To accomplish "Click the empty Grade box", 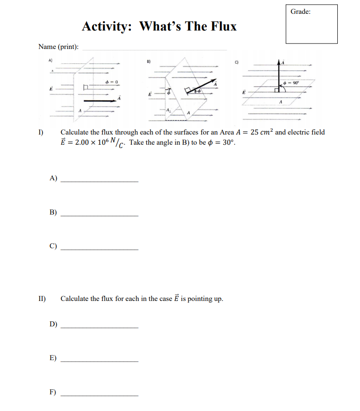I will (x=311, y=28).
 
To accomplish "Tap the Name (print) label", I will (x=58, y=47).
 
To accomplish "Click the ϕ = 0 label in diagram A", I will (x=112, y=82).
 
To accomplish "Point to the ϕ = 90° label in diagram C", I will (x=294, y=82).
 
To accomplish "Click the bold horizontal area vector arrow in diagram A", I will (x=99, y=100).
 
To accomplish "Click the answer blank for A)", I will (x=99, y=181).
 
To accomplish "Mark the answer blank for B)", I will (x=99, y=215).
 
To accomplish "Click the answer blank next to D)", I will (x=99, y=327).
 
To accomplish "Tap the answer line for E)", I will (x=99, y=360).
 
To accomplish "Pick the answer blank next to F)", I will (x=99, y=394).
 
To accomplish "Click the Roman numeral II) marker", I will (x=42, y=299).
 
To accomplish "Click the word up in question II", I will (x=217, y=299).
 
